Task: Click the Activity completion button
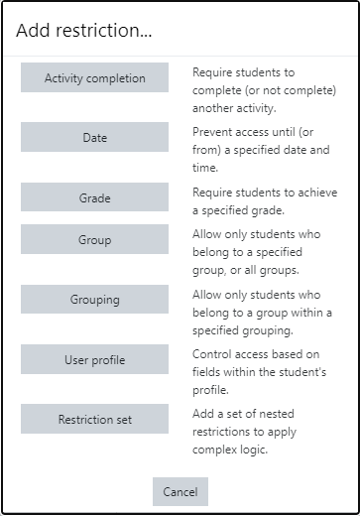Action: [95, 78]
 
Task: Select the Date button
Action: [95, 138]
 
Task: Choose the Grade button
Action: [95, 197]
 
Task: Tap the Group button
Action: [95, 239]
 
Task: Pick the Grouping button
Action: [95, 299]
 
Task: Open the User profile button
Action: [95, 360]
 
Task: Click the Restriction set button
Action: [95, 419]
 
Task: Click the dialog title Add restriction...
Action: [84, 32]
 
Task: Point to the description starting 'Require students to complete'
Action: [263, 89]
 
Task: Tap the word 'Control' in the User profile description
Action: [213, 353]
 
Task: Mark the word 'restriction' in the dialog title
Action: [102, 32]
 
